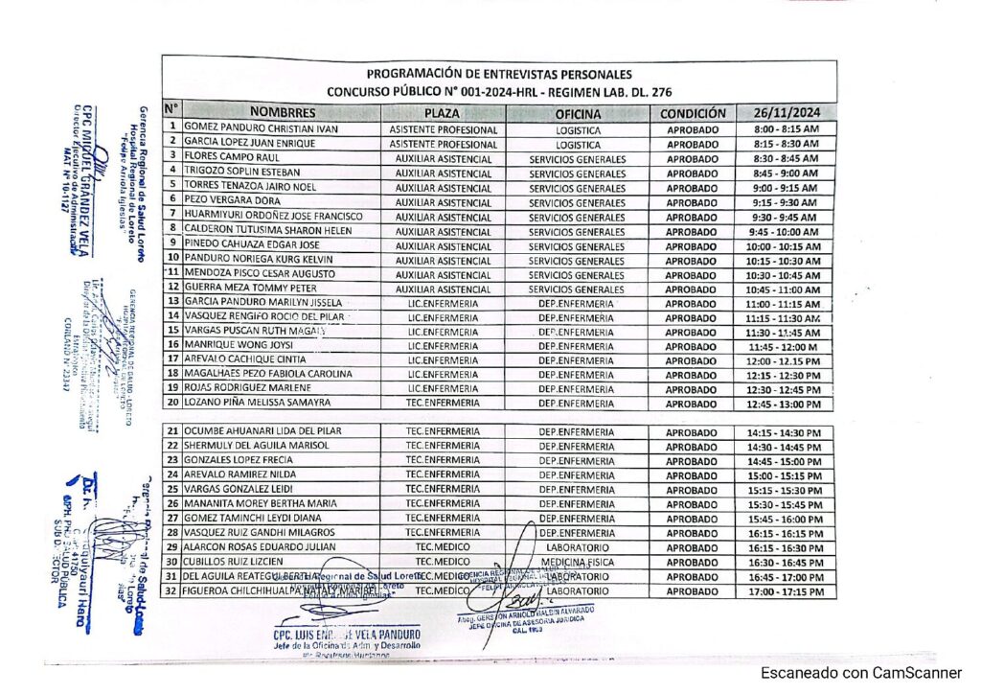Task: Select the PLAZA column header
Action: (x=443, y=112)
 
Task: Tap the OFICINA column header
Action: (x=578, y=112)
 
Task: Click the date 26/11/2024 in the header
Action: (x=786, y=112)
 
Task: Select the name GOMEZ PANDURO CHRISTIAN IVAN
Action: (x=247, y=128)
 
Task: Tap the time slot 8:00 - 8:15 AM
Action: (x=787, y=128)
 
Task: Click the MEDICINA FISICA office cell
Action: (x=578, y=562)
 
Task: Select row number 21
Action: (x=172, y=431)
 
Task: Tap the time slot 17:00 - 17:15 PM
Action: (x=786, y=592)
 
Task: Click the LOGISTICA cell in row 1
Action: (x=578, y=128)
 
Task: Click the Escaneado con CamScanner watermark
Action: (x=861, y=673)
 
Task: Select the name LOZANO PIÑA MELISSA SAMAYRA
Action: (x=257, y=403)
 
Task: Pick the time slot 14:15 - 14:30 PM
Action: (x=786, y=432)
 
